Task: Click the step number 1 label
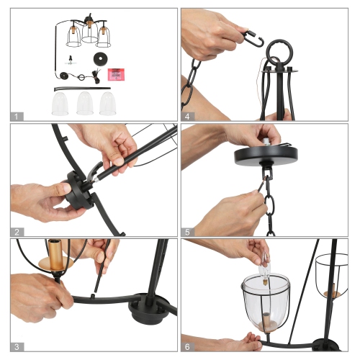[x=17, y=115]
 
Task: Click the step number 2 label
[x=17, y=231]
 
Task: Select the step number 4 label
[x=187, y=115]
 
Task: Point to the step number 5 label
[x=187, y=231]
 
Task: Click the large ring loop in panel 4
[x=276, y=53]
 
